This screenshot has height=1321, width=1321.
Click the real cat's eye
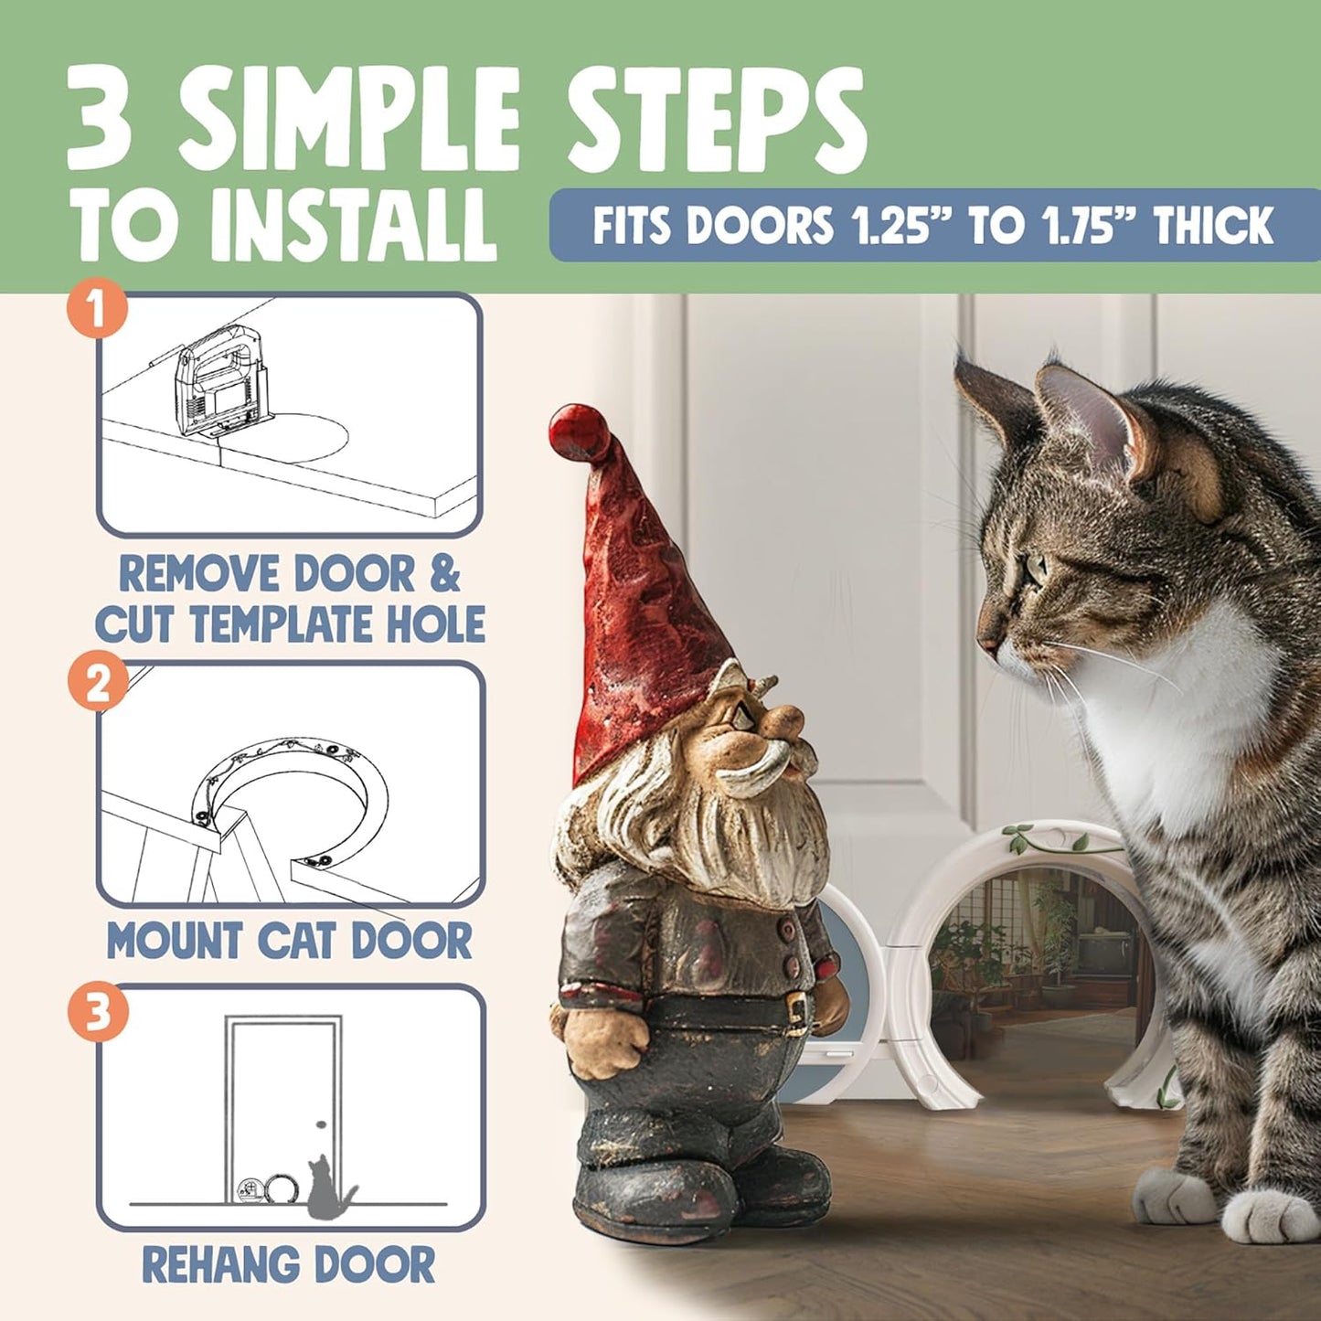pyautogui.click(x=1037, y=569)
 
